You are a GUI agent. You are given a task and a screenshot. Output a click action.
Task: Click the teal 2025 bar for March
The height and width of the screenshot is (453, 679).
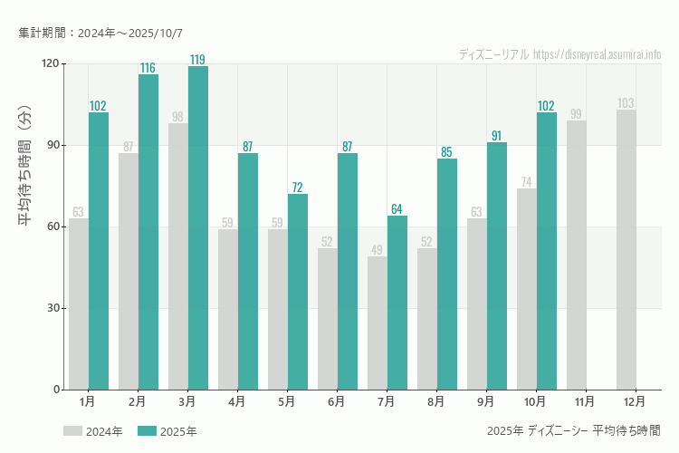(x=198, y=228)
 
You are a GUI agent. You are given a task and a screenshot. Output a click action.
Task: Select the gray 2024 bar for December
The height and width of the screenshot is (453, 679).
(x=626, y=250)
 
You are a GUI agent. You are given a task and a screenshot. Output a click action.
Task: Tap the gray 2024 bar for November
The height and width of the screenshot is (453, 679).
(x=577, y=255)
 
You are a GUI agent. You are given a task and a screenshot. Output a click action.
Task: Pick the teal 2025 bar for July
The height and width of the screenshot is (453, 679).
(x=397, y=303)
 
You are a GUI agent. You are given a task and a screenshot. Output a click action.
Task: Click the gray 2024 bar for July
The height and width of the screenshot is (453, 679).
(x=378, y=323)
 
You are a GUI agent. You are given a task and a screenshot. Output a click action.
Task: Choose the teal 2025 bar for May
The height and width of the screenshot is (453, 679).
(x=298, y=292)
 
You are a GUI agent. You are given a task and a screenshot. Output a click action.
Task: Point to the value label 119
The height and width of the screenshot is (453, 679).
(x=197, y=60)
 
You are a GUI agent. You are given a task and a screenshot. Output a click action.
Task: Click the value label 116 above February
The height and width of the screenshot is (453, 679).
(x=148, y=68)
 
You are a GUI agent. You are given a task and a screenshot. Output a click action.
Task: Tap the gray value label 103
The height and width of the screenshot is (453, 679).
(x=626, y=103)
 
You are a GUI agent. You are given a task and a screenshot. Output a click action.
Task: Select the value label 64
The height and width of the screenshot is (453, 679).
(x=397, y=209)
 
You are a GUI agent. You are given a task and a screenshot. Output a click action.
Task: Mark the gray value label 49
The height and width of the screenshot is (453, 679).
(x=377, y=250)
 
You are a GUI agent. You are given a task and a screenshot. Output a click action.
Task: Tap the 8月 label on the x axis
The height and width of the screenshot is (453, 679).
(x=435, y=400)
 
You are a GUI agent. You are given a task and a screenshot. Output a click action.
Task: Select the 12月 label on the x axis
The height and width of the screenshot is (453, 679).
(x=635, y=400)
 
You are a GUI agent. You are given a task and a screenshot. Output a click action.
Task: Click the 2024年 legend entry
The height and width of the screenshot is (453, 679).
(x=93, y=431)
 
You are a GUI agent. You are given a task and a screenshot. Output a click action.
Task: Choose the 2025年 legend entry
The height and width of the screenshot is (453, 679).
(x=167, y=431)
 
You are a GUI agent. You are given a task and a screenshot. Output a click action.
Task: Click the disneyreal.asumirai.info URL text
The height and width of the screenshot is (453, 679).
(x=598, y=54)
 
